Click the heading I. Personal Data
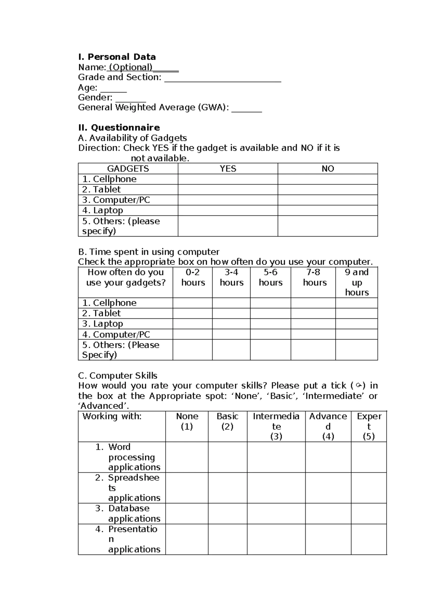coord(117,57)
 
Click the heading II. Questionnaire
coord(119,128)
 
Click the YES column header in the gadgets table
coord(228,169)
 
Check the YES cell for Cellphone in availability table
coord(228,179)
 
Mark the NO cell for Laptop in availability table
coord(328,210)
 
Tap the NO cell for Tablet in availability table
coord(328,190)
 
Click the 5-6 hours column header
coord(271,277)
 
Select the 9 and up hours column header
coord(357,282)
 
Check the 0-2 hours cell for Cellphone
coord(193,303)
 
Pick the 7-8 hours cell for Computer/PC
coord(313,334)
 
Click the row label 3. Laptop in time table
coord(102,324)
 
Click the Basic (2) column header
coord(227,421)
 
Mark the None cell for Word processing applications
coord(187,457)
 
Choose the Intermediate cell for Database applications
coord(276,514)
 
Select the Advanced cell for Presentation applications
coord(328,540)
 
